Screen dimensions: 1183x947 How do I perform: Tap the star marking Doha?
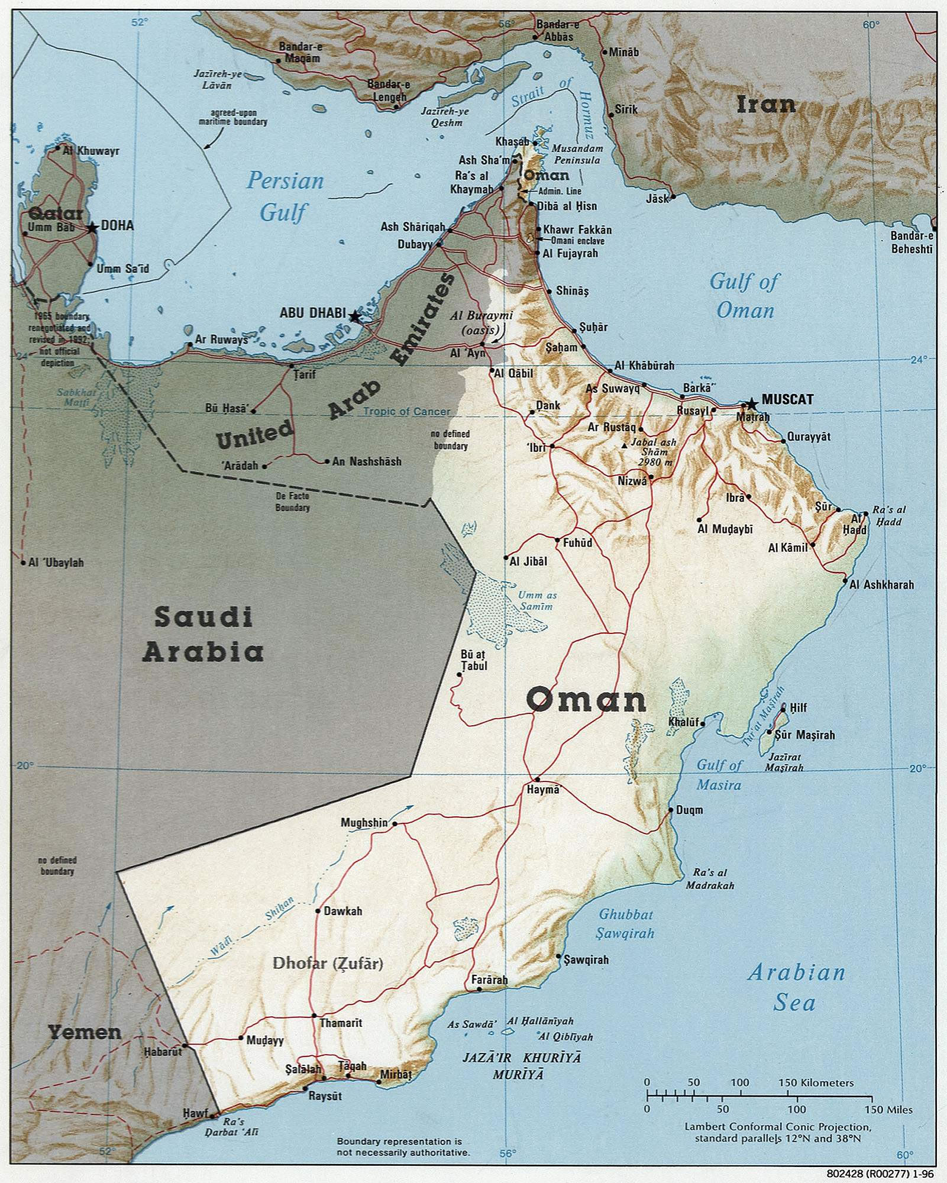(92, 227)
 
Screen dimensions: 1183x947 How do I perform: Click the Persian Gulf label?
(285, 196)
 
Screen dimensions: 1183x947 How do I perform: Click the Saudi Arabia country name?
(203, 634)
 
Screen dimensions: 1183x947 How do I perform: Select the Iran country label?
(765, 105)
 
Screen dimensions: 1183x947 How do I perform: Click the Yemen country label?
(85, 1033)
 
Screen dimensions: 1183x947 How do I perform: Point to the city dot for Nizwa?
(651, 477)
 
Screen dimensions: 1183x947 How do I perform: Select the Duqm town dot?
(671, 810)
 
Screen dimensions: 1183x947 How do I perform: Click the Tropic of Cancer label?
(406, 412)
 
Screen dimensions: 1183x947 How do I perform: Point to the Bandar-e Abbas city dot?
(535, 37)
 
